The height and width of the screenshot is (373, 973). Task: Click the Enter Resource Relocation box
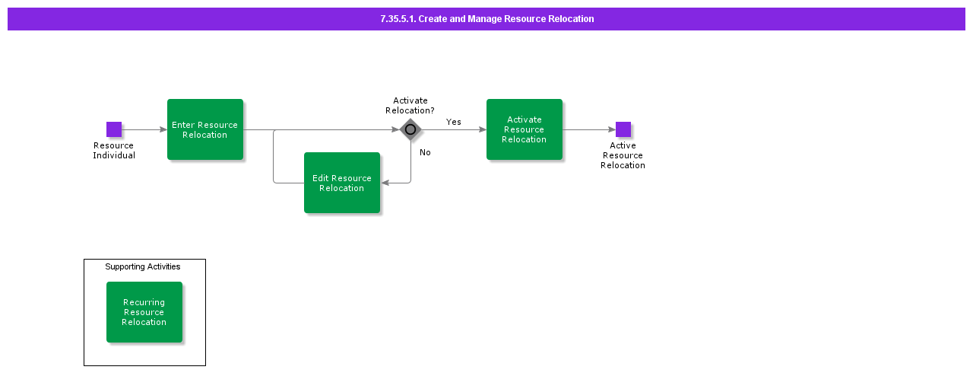[x=205, y=129]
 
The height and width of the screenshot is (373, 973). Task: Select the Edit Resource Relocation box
[x=342, y=183]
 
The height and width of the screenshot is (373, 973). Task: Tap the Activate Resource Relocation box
[x=525, y=129]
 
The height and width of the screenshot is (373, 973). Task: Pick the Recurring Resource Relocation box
[x=144, y=312]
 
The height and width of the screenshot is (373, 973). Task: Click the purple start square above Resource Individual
[x=114, y=129]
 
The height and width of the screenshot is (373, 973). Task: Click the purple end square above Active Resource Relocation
[x=623, y=129]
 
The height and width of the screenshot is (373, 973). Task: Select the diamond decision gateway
[x=410, y=129]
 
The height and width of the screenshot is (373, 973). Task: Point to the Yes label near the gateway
[x=454, y=122]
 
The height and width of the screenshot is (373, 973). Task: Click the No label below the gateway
[x=425, y=152]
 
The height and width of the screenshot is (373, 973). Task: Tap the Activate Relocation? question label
[x=410, y=106]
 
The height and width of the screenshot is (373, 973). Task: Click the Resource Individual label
[x=114, y=151]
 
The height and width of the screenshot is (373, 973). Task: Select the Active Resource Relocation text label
[x=623, y=155]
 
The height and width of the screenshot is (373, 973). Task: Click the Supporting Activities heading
[x=143, y=266]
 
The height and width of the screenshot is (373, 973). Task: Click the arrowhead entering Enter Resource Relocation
[x=163, y=129]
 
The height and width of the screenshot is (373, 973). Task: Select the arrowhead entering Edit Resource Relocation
[x=385, y=183]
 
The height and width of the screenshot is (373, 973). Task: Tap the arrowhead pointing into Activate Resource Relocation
[x=483, y=129]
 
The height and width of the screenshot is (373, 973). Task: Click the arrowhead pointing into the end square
[x=612, y=129]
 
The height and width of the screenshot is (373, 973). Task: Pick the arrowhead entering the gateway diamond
[x=395, y=129]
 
